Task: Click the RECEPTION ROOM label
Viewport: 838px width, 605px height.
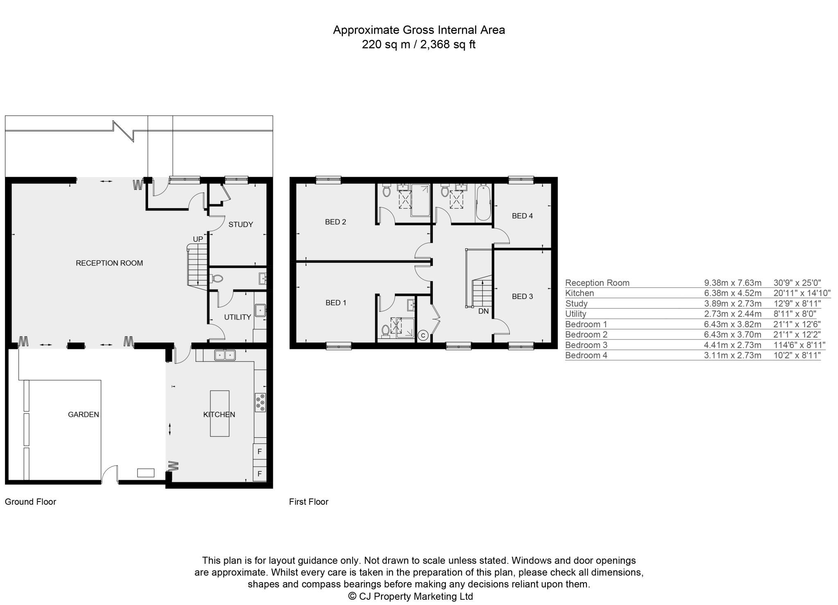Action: [109, 263]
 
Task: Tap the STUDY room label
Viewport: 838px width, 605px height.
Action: [241, 225]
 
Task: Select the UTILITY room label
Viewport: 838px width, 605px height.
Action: [237, 317]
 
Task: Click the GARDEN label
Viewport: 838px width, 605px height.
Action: [83, 414]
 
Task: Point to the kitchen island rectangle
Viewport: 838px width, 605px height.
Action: [220, 413]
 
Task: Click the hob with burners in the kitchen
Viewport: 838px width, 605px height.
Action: [260, 402]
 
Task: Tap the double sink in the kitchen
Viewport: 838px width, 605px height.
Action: [225, 355]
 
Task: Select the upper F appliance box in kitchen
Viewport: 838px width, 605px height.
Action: [259, 452]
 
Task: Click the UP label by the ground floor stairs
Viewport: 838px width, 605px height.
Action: [198, 239]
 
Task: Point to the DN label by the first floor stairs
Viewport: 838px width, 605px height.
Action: [484, 311]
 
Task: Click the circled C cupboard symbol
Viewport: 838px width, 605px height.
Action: [424, 336]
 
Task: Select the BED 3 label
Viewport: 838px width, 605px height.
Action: [523, 297]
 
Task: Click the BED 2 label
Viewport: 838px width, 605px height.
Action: [336, 222]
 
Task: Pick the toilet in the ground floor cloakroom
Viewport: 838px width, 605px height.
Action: [217, 279]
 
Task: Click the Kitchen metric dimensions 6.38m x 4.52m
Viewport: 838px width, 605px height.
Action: [732, 293]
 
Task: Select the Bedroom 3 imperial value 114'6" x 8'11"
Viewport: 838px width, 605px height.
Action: [799, 345]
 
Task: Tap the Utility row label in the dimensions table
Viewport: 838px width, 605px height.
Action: [576, 314]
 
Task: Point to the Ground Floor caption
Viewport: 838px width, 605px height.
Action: [30, 502]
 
